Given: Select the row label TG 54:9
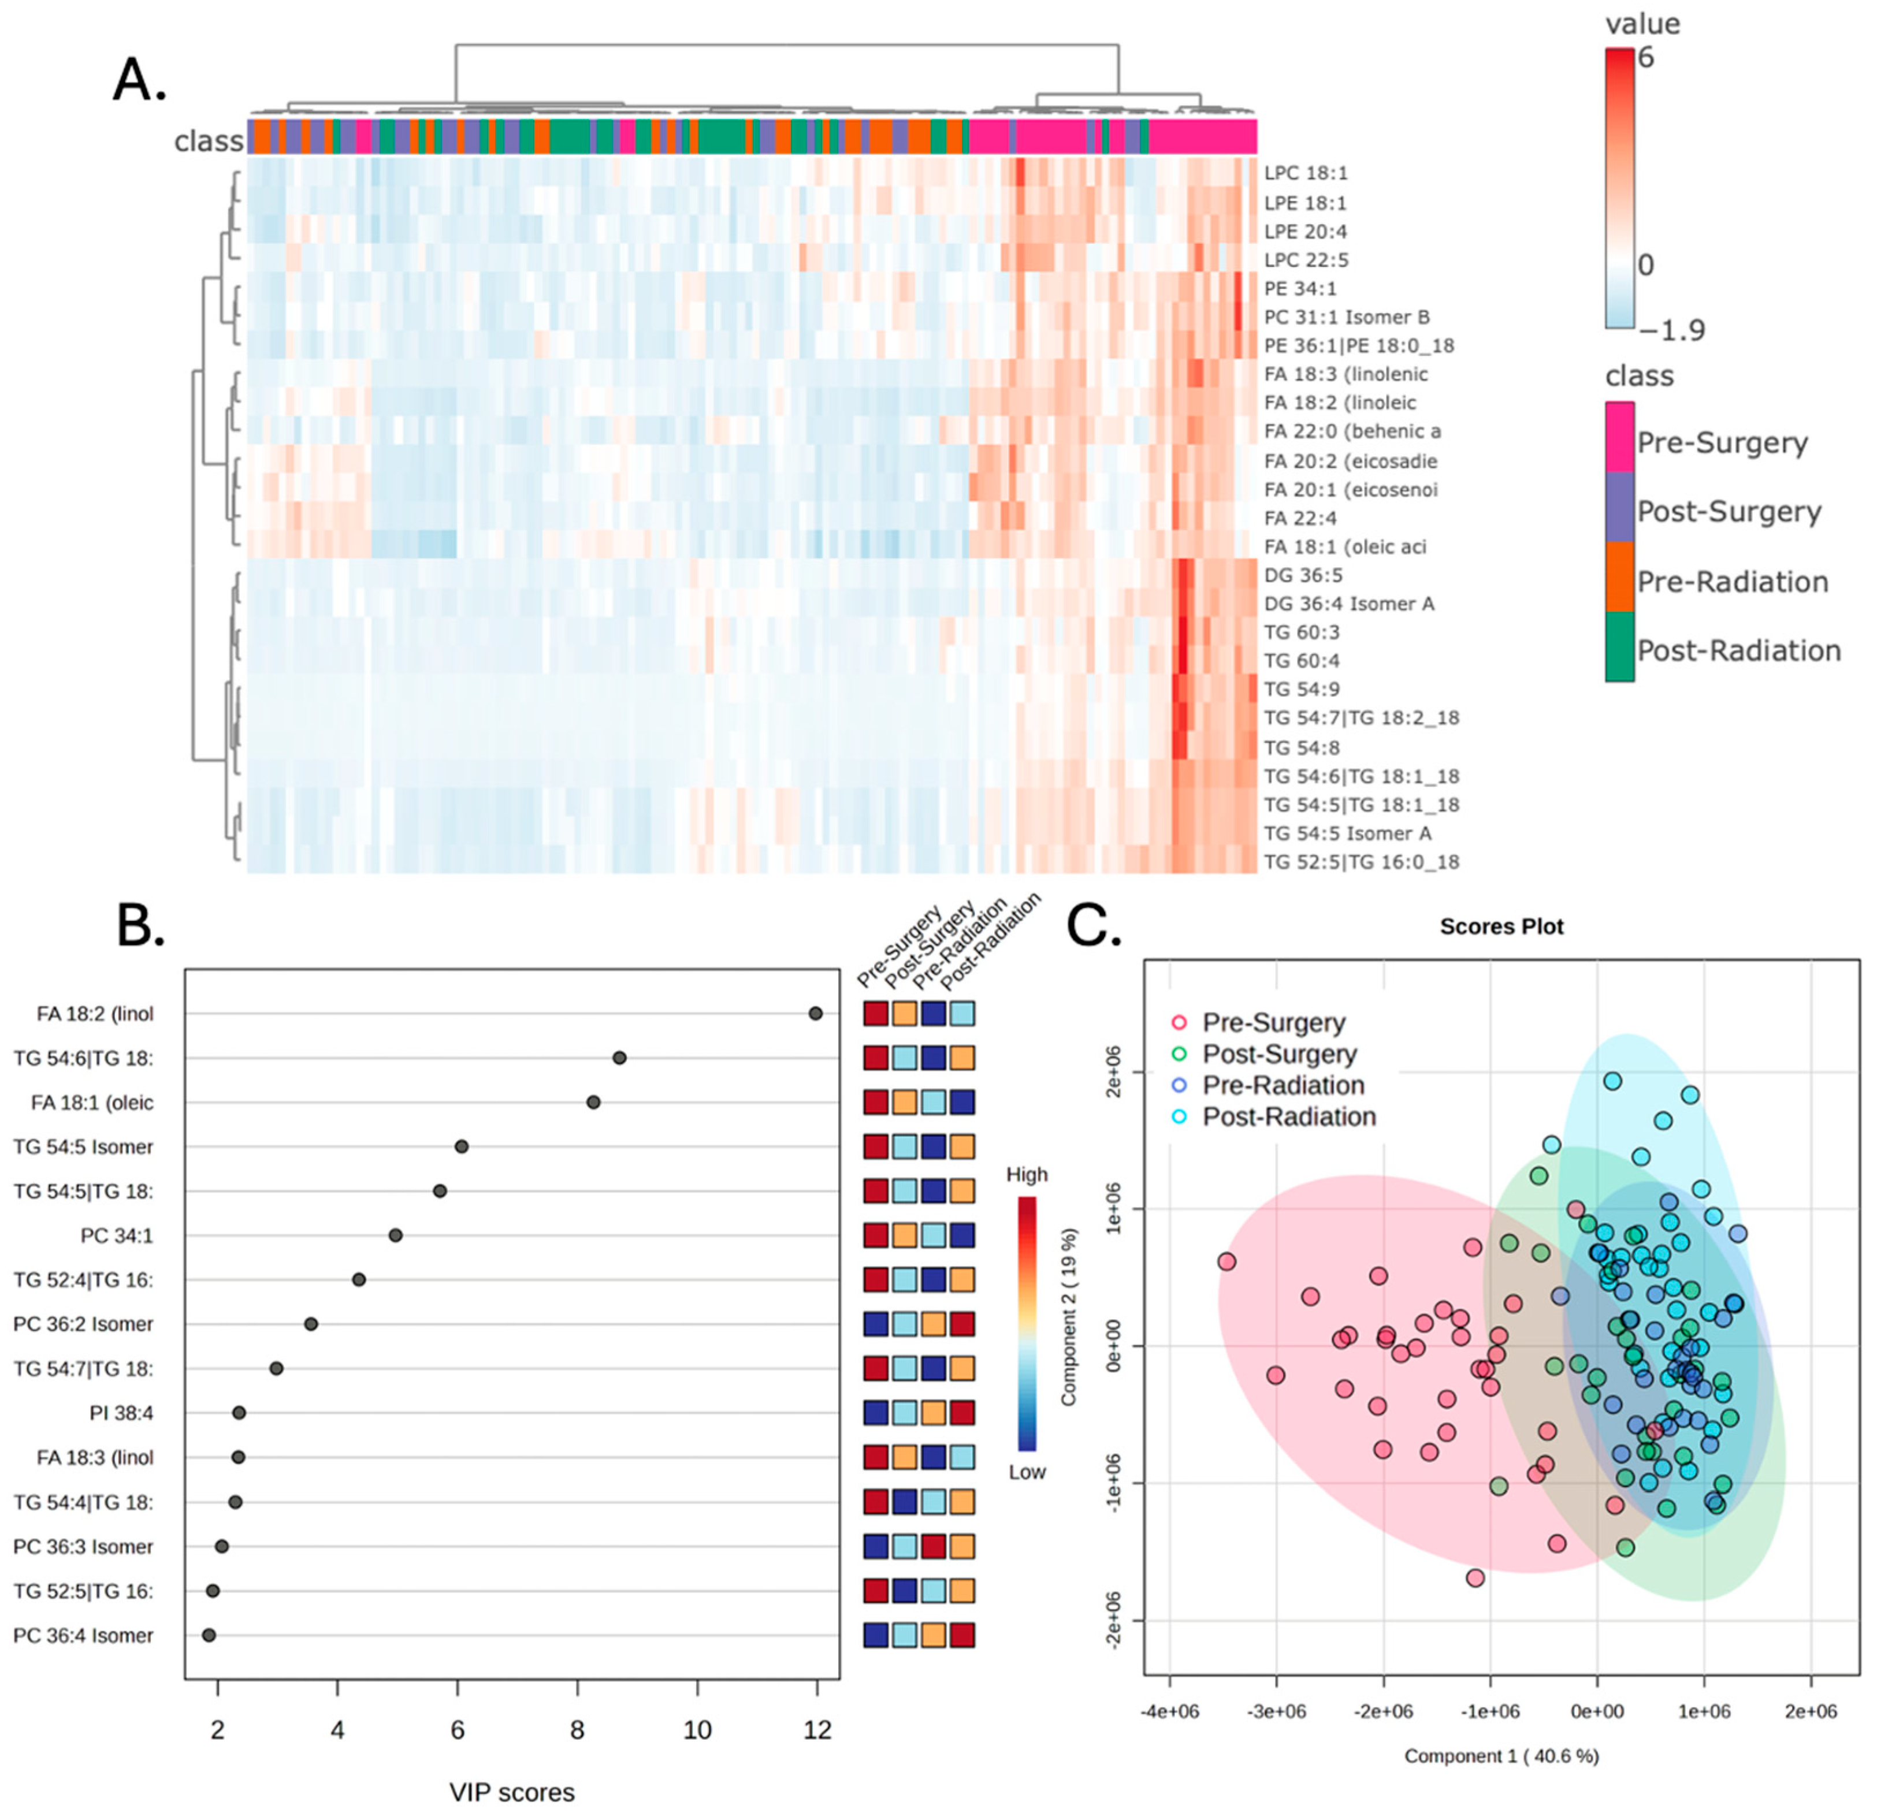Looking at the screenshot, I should (1302, 689).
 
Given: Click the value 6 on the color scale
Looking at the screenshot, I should (1645, 57).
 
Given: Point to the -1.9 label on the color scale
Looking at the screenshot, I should (1671, 330).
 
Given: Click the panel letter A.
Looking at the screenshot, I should (140, 80).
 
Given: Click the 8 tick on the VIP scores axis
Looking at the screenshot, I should (577, 1730).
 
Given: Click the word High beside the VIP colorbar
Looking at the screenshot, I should (1027, 1175).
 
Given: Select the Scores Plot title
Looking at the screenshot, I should (1501, 926).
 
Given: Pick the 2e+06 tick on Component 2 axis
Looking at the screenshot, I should (1112, 1072).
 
